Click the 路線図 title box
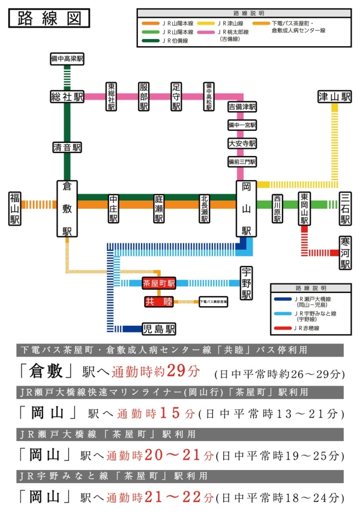tap(49, 19)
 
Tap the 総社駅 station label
tap(67, 97)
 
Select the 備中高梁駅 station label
tap(67, 59)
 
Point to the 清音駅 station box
tap(67, 148)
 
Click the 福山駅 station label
tap(15, 208)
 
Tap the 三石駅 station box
tap(346, 208)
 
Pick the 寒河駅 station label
tap(346, 251)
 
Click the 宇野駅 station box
tap(246, 283)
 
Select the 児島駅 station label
tap(159, 329)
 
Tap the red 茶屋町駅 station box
tap(158, 283)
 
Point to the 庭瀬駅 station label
tap(158, 208)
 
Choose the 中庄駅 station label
tap(113, 208)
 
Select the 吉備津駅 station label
tap(242, 107)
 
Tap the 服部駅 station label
tap(143, 97)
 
